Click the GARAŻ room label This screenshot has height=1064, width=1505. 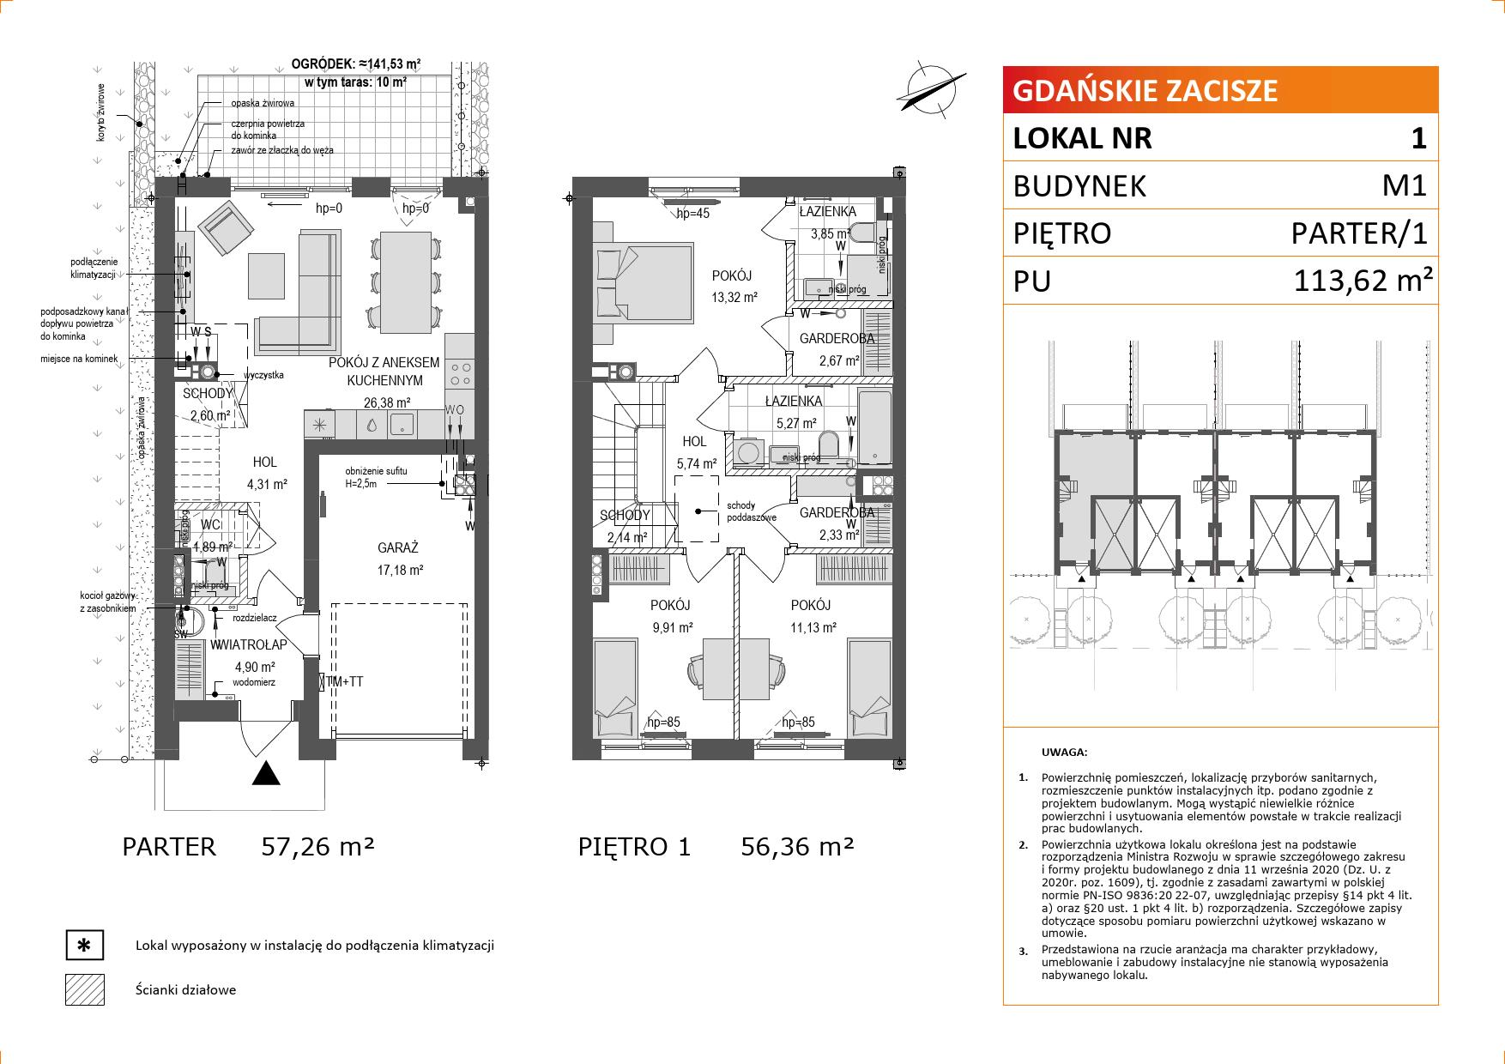click(398, 547)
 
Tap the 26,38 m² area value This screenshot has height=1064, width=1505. click(386, 402)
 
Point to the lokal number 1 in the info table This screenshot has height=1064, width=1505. click(1418, 138)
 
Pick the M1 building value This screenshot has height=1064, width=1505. click(1404, 185)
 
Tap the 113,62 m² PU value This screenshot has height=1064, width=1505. click(1363, 280)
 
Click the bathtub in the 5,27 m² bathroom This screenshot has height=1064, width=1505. click(876, 426)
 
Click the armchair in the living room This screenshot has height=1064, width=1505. click(226, 230)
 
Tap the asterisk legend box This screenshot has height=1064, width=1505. click(85, 946)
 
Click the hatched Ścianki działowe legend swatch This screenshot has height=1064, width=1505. click(85, 989)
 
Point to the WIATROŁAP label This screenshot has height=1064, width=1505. click(249, 645)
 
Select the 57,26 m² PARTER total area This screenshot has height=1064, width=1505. click(317, 847)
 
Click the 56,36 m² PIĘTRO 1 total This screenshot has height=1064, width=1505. click(797, 847)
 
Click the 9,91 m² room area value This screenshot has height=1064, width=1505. click(672, 627)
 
